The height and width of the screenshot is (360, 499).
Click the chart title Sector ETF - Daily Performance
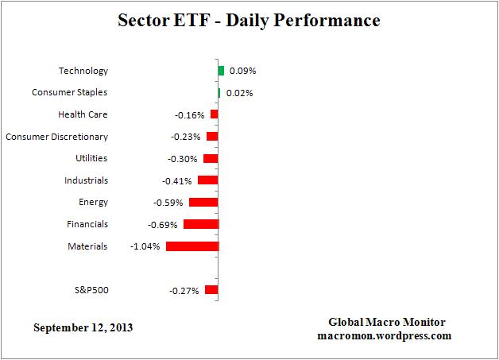(x=249, y=19)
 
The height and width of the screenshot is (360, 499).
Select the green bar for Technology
(x=221, y=71)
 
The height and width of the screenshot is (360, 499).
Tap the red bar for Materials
(x=192, y=246)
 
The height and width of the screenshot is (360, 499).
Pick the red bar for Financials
(x=201, y=224)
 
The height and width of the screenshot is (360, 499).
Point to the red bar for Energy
(x=203, y=202)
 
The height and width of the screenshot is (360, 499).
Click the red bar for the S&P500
(x=211, y=290)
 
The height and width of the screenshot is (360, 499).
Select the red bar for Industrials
(x=207, y=180)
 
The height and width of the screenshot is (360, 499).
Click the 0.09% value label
(x=242, y=71)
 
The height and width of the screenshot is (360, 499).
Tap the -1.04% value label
(x=145, y=246)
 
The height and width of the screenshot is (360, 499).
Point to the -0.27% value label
(x=184, y=290)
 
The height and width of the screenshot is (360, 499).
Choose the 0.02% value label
(x=239, y=93)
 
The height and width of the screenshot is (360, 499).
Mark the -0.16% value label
(x=189, y=114)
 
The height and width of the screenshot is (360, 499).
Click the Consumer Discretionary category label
(x=56, y=137)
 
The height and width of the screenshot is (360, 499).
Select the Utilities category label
(x=91, y=158)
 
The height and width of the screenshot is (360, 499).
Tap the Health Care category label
(x=83, y=114)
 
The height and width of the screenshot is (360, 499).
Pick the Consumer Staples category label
(x=70, y=93)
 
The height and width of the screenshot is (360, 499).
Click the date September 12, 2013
(x=83, y=327)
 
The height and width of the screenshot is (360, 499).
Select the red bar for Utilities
(x=211, y=158)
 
